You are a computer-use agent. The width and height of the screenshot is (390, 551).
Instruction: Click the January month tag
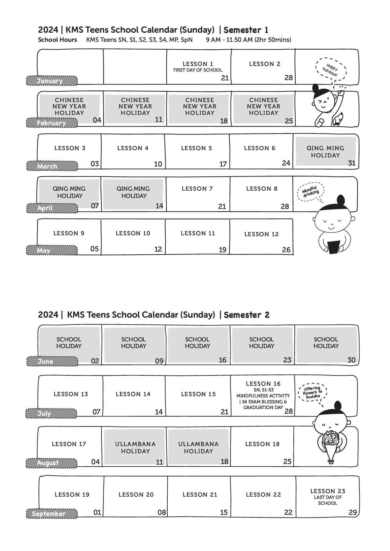pyautogui.click(x=52, y=81)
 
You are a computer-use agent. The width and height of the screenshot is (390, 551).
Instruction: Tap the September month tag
pyautogui.click(x=52, y=514)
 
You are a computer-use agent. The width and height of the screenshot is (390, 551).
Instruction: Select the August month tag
pyautogui.click(x=52, y=463)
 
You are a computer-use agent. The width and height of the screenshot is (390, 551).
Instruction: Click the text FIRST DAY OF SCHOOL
pyautogui.click(x=198, y=70)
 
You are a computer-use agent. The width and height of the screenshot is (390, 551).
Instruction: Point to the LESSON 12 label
pyautogui.click(x=261, y=234)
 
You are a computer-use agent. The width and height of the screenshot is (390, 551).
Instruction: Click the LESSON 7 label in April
pyautogui.click(x=197, y=188)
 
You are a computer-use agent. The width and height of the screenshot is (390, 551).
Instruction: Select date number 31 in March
pyautogui.click(x=352, y=163)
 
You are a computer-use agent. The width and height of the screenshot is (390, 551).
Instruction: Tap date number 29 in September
pyautogui.click(x=353, y=512)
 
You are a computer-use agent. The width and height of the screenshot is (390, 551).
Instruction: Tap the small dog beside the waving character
pyautogui.click(x=337, y=120)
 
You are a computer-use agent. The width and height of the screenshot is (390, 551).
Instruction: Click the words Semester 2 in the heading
pyautogui.click(x=247, y=315)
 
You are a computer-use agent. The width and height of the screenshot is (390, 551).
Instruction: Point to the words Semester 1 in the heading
pyautogui.click(x=246, y=30)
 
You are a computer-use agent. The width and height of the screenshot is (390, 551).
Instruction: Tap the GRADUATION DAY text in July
pyautogui.click(x=263, y=407)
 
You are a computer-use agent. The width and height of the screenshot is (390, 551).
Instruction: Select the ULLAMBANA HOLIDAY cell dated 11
pyautogui.click(x=135, y=447)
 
